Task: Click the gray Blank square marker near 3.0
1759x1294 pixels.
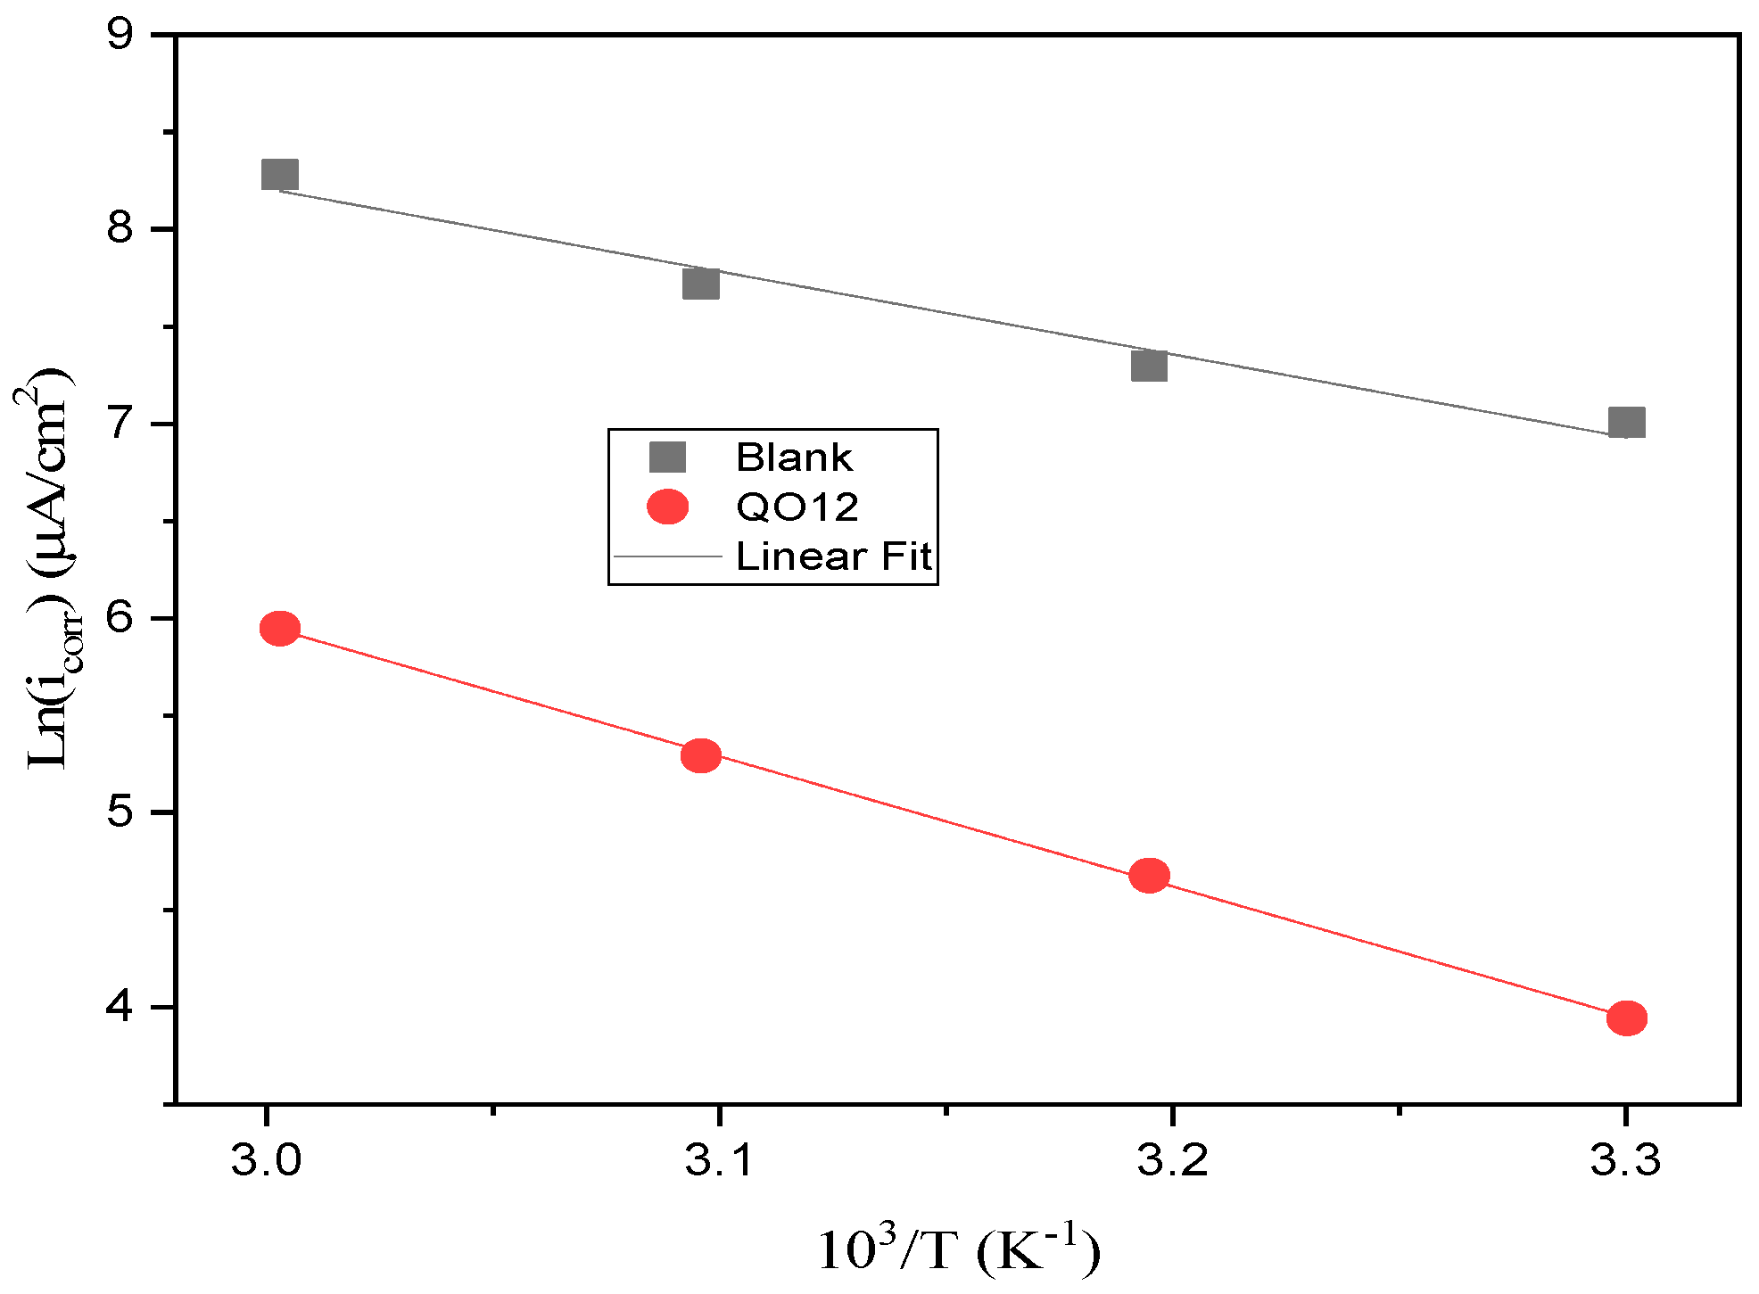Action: [x=280, y=175]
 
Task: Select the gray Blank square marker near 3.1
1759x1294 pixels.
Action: [x=701, y=284]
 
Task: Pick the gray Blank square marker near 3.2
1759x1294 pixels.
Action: [x=1149, y=366]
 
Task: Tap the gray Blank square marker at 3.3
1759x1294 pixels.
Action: [x=1627, y=423]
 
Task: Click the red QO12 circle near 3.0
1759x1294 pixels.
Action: [x=280, y=629]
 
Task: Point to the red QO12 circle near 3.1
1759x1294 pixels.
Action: [x=701, y=756]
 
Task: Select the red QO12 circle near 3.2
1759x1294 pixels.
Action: [x=1149, y=876]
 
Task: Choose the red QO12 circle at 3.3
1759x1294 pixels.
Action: [x=1627, y=1018]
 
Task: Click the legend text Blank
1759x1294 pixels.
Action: [x=794, y=457]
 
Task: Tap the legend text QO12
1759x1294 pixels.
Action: [x=797, y=507]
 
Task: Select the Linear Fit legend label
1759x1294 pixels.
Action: [x=833, y=556]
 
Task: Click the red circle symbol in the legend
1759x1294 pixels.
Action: [x=667, y=507]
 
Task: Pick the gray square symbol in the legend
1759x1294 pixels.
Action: [x=667, y=457]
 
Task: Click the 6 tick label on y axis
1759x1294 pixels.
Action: [x=120, y=618]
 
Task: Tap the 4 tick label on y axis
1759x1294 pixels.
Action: [x=120, y=1007]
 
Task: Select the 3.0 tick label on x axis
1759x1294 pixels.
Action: [x=266, y=1160]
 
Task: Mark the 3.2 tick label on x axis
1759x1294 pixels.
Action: [x=1172, y=1160]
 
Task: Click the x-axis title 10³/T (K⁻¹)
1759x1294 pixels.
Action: [x=959, y=1249]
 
